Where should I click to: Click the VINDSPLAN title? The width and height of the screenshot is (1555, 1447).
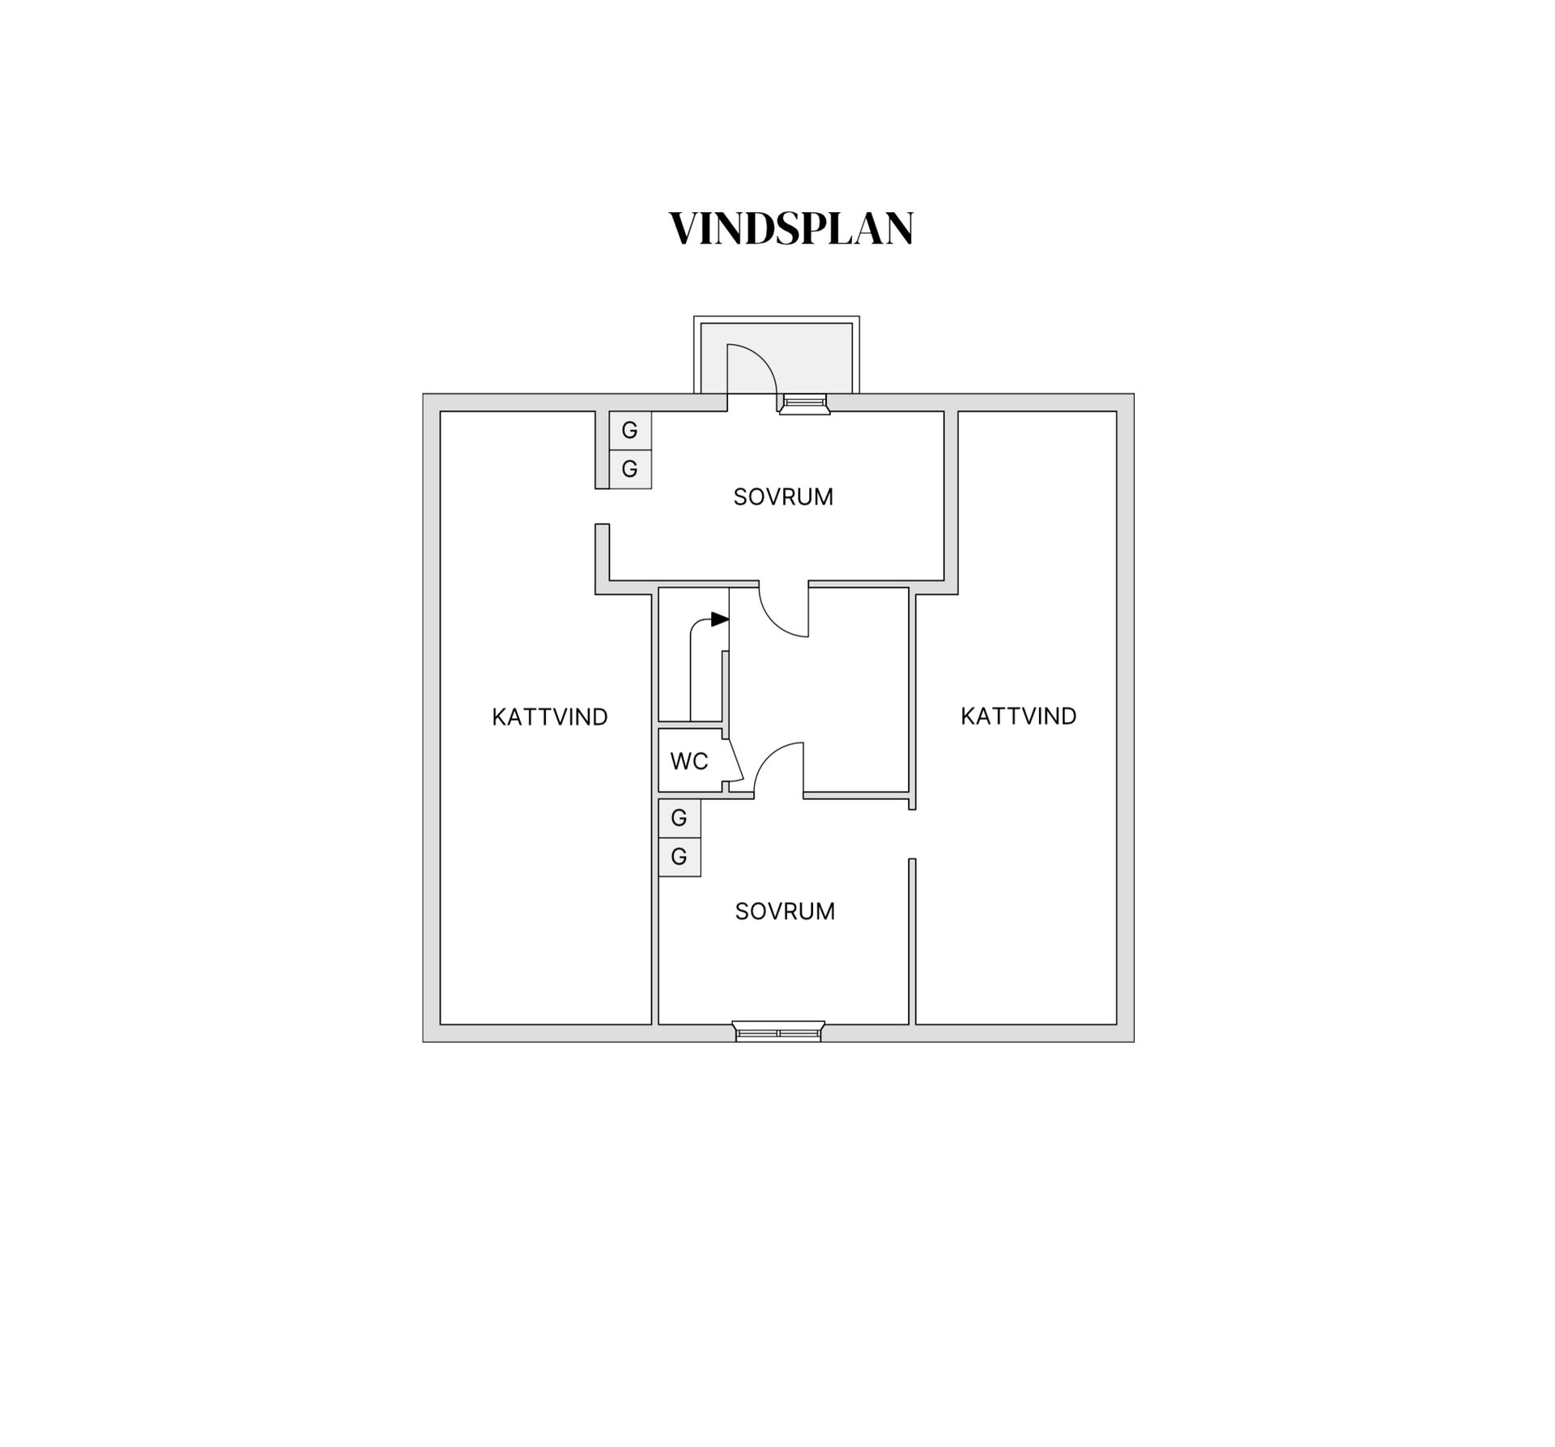pos(791,228)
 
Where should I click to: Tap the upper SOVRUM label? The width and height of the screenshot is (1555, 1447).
pos(783,497)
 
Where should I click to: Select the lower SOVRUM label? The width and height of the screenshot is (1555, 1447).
pos(785,912)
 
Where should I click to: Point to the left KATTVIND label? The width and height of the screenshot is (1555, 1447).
pos(550,717)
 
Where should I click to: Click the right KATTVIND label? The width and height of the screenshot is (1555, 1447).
pos(1019,717)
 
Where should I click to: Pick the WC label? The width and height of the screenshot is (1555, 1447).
pos(689,761)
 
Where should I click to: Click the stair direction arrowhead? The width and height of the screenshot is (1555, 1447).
pos(720,619)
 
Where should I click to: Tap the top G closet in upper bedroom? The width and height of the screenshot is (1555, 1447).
pos(630,430)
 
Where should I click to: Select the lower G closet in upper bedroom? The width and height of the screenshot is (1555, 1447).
pos(630,469)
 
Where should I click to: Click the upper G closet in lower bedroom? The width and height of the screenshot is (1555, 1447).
pos(680,819)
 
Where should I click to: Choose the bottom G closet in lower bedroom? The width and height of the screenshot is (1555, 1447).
pos(680,857)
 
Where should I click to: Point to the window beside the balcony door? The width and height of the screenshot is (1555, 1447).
pos(804,404)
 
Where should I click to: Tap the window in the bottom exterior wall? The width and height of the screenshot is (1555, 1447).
pos(778,1032)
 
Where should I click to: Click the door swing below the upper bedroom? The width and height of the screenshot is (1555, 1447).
pos(777,622)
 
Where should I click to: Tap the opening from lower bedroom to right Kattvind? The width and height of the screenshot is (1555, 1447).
pos(912,834)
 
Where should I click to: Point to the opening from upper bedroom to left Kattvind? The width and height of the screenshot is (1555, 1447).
pos(602,506)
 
